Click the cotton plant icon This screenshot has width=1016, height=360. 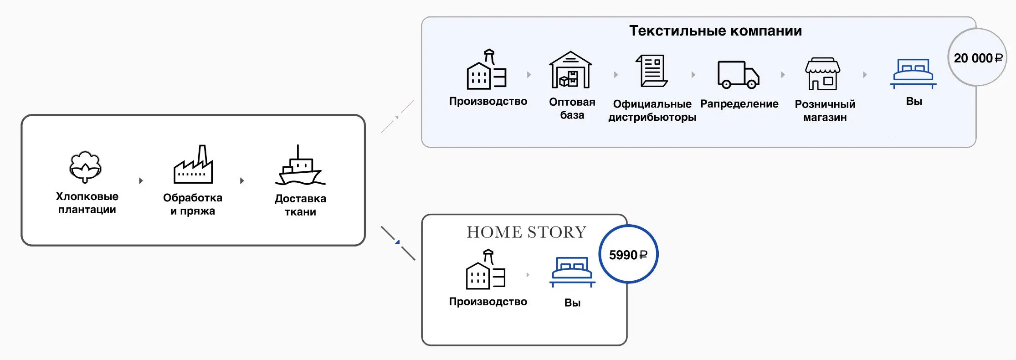point(85,167)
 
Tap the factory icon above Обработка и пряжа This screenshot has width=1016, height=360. point(193,165)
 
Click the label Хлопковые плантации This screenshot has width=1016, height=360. point(87,203)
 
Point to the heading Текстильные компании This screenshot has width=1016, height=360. point(715,31)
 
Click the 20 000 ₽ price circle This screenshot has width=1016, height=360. point(977,58)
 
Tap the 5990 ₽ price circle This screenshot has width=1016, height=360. point(628,254)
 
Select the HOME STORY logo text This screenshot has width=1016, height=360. point(526,232)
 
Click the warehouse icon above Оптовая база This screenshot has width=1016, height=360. point(570,70)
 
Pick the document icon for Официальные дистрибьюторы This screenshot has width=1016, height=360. point(652,71)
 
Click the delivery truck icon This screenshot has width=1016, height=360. point(738,75)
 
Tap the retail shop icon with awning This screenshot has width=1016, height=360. point(823,74)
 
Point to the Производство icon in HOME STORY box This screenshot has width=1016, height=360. point(486,270)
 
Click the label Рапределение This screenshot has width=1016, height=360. point(739,104)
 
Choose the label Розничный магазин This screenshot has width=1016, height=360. point(825,111)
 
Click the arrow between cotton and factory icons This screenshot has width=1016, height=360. point(141,181)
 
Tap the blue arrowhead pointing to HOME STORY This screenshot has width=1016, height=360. point(398,242)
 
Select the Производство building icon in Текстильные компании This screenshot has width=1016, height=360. point(487,70)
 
